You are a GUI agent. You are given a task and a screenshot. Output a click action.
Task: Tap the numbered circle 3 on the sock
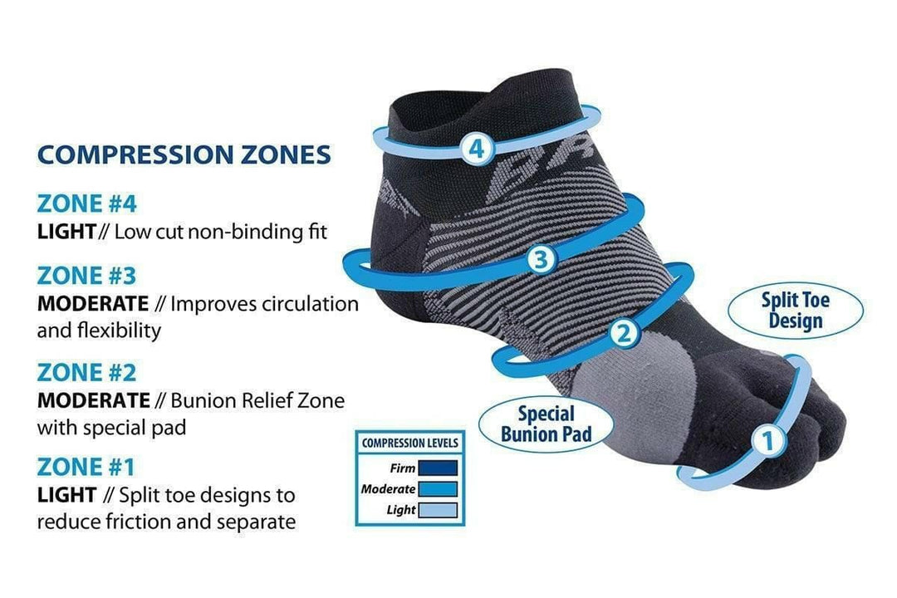point(540,260)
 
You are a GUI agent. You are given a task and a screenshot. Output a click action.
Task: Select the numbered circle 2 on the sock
point(625,334)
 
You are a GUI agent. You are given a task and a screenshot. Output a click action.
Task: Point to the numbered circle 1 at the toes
point(768,442)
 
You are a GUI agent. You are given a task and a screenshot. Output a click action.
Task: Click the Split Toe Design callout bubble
point(795,309)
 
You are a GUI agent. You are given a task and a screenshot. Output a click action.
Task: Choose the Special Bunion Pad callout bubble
point(547,424)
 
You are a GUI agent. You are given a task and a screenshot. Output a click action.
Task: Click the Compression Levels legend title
point(409,443)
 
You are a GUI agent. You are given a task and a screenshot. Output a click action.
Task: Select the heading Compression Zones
point(184,154)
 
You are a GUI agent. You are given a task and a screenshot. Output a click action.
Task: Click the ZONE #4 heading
point(86,203)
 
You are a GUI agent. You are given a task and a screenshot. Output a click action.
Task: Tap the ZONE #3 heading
point(86,275)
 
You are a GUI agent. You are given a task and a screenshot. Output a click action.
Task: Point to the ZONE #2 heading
point(86,372)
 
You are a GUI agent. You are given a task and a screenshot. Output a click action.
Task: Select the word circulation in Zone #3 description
point(310,304)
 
